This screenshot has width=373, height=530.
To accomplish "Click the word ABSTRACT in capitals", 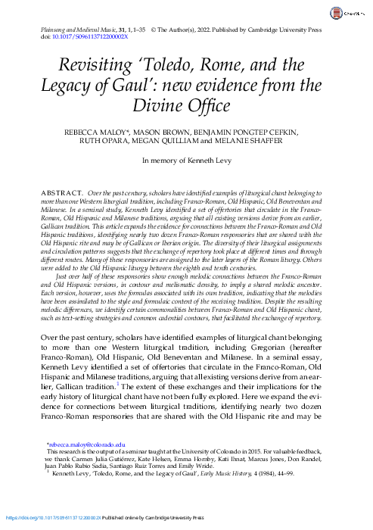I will pos(64,195).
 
